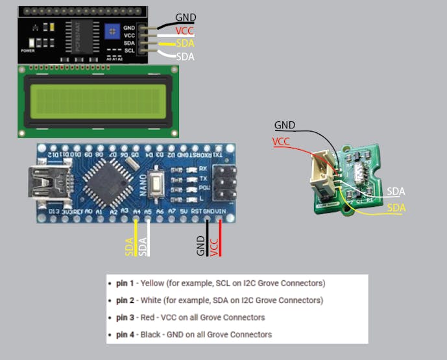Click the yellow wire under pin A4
[x=136, y=237]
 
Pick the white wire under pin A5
[x=149, y=237]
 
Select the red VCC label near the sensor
[x=281, y=141]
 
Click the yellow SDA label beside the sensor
[x=396, y=208]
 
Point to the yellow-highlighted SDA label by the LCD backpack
[x=185, y=43]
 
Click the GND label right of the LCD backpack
[x=186, y=18]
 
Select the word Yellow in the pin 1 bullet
[x=153, y=283]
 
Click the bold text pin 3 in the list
[x=125, y=317]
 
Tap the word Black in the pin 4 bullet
[x=152, y=334]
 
